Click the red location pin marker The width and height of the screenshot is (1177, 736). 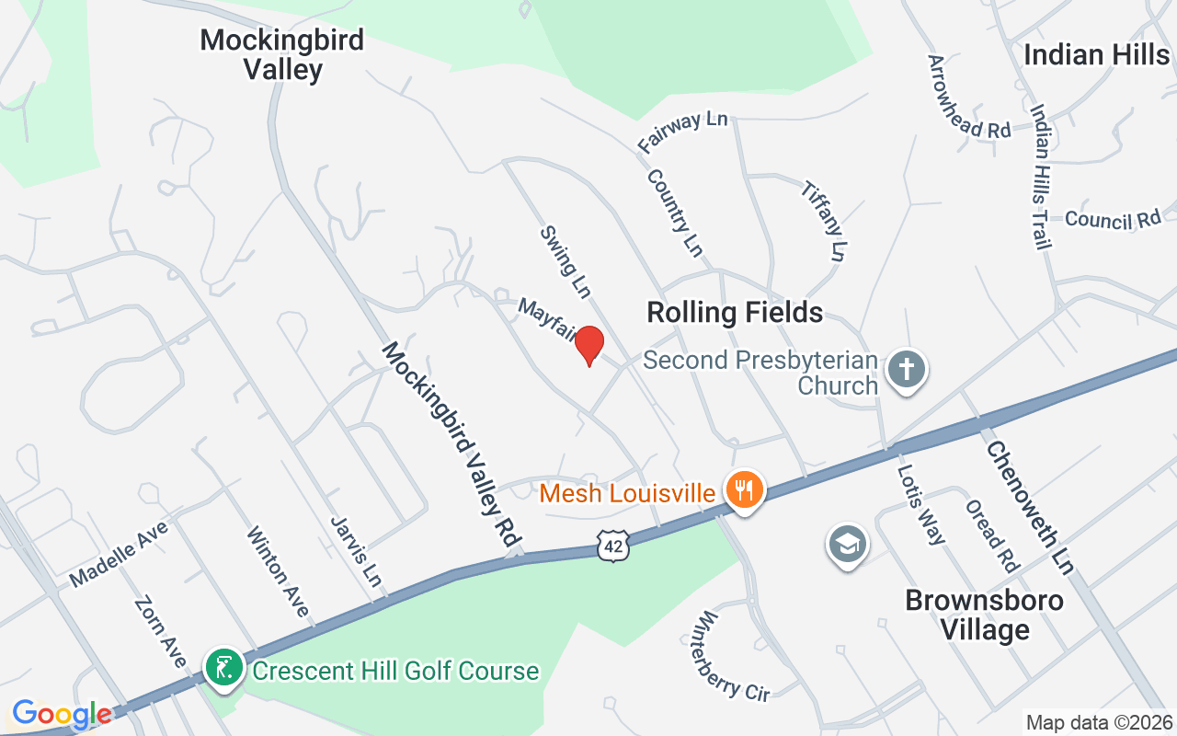589,346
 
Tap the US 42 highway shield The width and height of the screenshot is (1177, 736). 611,545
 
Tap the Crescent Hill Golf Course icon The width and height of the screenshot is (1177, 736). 223,669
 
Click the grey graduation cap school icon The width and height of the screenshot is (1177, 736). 847,545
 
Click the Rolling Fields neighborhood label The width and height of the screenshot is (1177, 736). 735,313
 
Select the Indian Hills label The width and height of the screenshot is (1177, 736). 1096,54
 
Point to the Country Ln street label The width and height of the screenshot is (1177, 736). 675,213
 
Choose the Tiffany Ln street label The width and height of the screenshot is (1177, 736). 823,220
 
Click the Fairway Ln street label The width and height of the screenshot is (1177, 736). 682,132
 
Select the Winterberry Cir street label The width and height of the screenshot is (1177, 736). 733,656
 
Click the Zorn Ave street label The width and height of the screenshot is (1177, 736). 161,633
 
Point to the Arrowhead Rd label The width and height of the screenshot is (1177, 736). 968,97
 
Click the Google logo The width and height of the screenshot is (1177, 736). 62,714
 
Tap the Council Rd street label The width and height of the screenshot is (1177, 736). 1113,219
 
